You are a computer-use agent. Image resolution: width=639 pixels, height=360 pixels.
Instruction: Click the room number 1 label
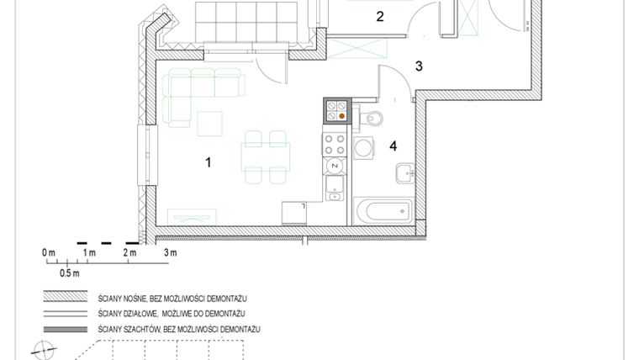pyautogui.click(x=208, y=161)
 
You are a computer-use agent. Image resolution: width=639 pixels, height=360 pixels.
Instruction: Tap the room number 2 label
pyautogui.click(x=380, y=16)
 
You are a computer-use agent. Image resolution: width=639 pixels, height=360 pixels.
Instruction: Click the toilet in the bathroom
pyautogui.click(x=372, y=116)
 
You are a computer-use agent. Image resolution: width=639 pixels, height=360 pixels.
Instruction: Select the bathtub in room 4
pyautogui.click(x=383, y=210)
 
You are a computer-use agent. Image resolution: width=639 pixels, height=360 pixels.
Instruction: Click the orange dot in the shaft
pyautogui.click(x=342, y=117)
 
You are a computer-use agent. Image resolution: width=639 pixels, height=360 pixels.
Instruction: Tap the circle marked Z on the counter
pyautogui.click(x=335, y=166)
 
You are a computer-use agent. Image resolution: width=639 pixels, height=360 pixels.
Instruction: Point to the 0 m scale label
pyautogui.click(x=48, y=252)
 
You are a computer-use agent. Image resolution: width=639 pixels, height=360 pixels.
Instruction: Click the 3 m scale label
pyautogui.click(x=170, y=252)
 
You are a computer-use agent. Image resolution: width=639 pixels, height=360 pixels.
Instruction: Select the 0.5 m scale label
pyautogui.click(x=69, y=273)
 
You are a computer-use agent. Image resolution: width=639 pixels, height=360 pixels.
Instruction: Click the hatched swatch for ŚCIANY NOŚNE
pyautogui.click(x=66, y=298)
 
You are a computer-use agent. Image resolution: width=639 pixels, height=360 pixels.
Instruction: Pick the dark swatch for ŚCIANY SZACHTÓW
pyautogui.click(x=66, y=327)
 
